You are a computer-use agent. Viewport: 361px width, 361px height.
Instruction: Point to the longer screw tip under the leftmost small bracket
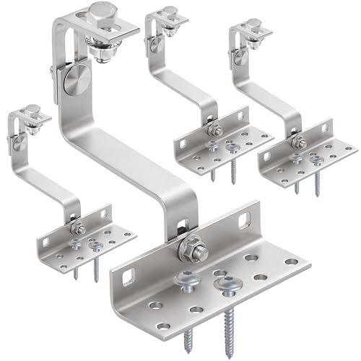point(95,269)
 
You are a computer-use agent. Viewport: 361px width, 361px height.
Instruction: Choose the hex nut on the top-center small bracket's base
point(214,130)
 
